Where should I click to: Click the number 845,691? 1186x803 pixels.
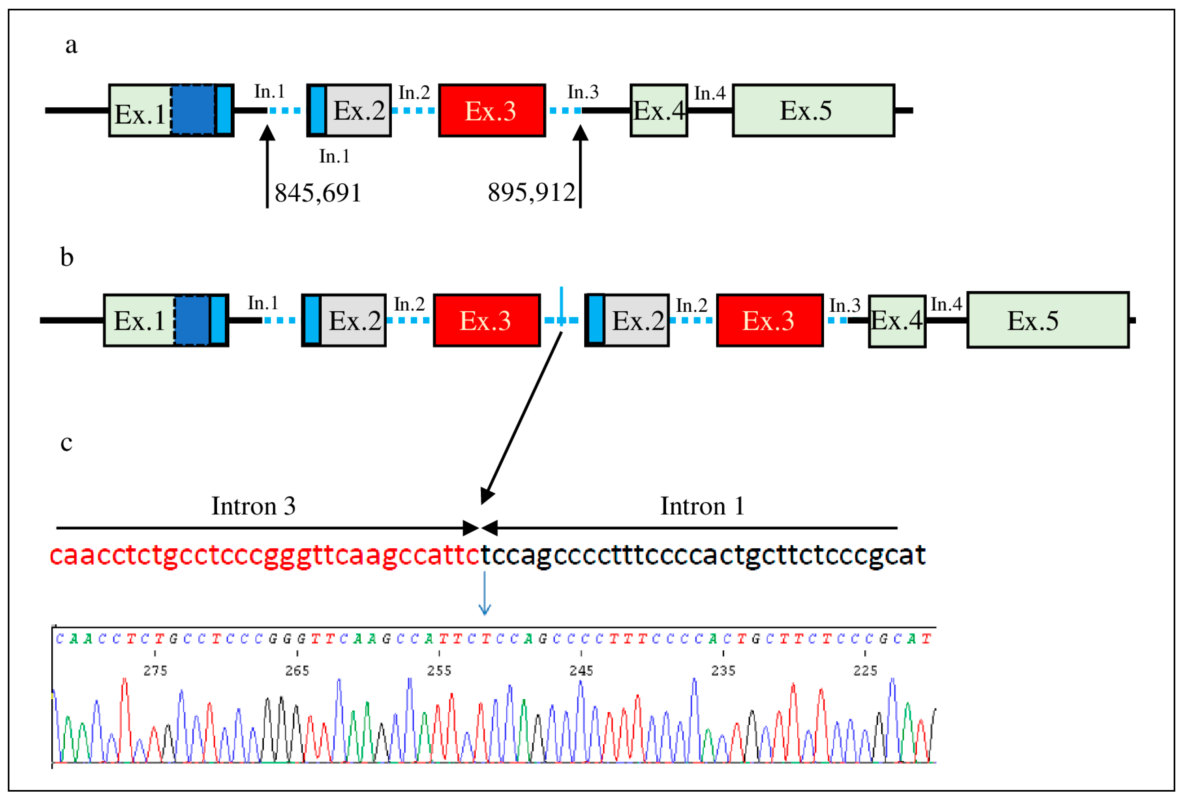coord(317,193)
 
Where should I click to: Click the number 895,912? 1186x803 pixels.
coord(531,192)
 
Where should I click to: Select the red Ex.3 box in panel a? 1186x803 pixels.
coord(491,110)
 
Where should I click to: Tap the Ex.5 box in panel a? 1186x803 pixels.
coord(813,110)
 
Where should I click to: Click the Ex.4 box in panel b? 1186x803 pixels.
coord(896,321)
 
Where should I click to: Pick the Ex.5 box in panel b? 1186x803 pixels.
coord(1047,320)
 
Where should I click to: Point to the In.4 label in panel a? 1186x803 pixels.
coord(709,93)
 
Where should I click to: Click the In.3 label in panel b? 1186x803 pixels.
coord(844,305)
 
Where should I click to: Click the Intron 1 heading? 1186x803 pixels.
coord(702,506)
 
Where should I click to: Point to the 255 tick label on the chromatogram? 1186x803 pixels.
coord(439,670)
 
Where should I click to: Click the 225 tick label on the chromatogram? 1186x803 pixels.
coord(865,670)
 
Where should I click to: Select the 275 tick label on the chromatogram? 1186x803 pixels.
coord(155,670)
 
